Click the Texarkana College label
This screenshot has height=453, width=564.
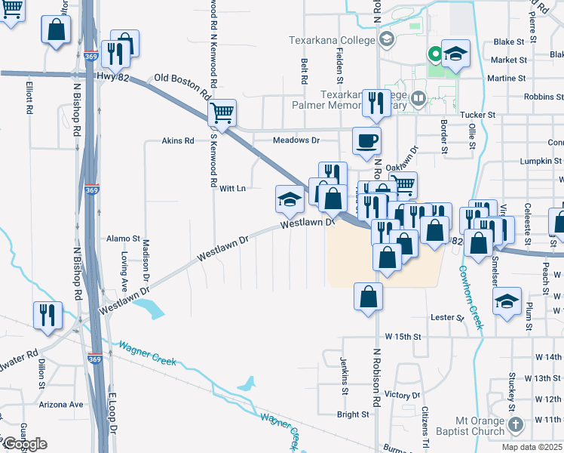tap(332, 40)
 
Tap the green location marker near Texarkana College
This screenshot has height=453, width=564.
tap(434, 54)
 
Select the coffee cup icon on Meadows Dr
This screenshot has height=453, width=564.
tap(366, 140)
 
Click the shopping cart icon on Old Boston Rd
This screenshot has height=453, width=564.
tap(222, 113)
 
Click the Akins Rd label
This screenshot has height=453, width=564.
tap(178, 140)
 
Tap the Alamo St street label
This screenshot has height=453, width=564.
tap(124, 238)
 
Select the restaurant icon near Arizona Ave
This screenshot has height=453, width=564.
tap(48, 315)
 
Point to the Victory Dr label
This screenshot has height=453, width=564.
tap(402, 395)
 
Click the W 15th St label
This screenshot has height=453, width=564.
tap(401, 335)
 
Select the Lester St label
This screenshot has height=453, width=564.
tap(447, 318)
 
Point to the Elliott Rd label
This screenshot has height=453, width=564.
tap(29, 97)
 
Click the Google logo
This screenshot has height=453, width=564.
tap(25, 444)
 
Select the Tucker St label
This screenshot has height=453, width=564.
tap(479, 115)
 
